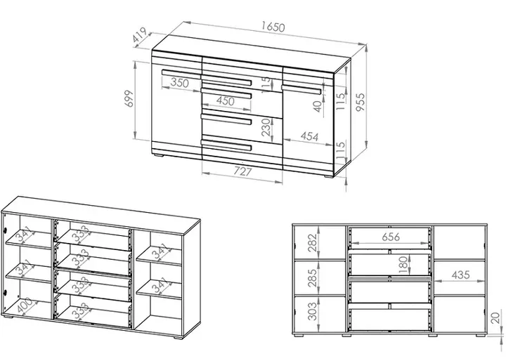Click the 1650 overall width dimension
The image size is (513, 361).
273,27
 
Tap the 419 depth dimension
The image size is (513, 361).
140,35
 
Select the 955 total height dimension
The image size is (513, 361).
360,102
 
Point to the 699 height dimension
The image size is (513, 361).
129,98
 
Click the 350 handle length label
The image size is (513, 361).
180,83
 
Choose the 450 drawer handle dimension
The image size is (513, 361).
226,100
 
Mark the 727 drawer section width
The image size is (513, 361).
242,171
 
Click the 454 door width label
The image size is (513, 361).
309,136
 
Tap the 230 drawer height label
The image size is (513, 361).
266,127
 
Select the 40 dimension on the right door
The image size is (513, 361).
318,106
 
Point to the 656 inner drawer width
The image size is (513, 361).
391,237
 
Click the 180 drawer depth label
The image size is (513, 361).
404,265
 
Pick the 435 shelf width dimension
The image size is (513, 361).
461,275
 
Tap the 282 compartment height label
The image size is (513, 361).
313,242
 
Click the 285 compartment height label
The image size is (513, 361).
313,278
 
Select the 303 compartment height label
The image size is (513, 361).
313,311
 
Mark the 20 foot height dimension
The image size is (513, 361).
496,318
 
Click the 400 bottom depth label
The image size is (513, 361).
26,306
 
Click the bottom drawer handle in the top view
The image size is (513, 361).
226,145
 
